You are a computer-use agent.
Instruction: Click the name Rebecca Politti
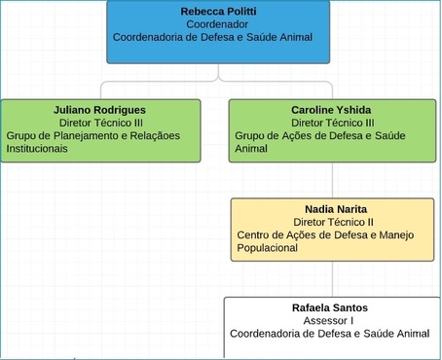coord(218,11)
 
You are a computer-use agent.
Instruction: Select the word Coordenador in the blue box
coord(218,24)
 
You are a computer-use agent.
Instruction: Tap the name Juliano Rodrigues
coord(100,110)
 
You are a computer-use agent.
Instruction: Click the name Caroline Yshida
coord(331,110)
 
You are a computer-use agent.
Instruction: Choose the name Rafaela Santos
coord(329,307)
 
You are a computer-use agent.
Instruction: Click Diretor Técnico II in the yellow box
coord(333,222)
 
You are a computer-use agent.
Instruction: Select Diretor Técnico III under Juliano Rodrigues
coord(100,124)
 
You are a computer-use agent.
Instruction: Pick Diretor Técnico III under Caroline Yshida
coord(332,124)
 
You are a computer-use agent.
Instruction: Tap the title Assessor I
coord(329,320)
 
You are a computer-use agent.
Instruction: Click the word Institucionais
coord(37,149)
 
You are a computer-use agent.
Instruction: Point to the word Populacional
coord(267,247)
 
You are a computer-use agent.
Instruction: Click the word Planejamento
coord(82,136)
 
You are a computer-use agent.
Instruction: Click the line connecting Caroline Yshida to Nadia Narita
coord(332,180)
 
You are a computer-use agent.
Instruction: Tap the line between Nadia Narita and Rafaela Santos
coord(332,279)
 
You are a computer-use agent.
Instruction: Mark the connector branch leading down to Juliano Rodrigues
coord(101,89)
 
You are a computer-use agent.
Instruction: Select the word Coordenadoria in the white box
coord(266,333)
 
